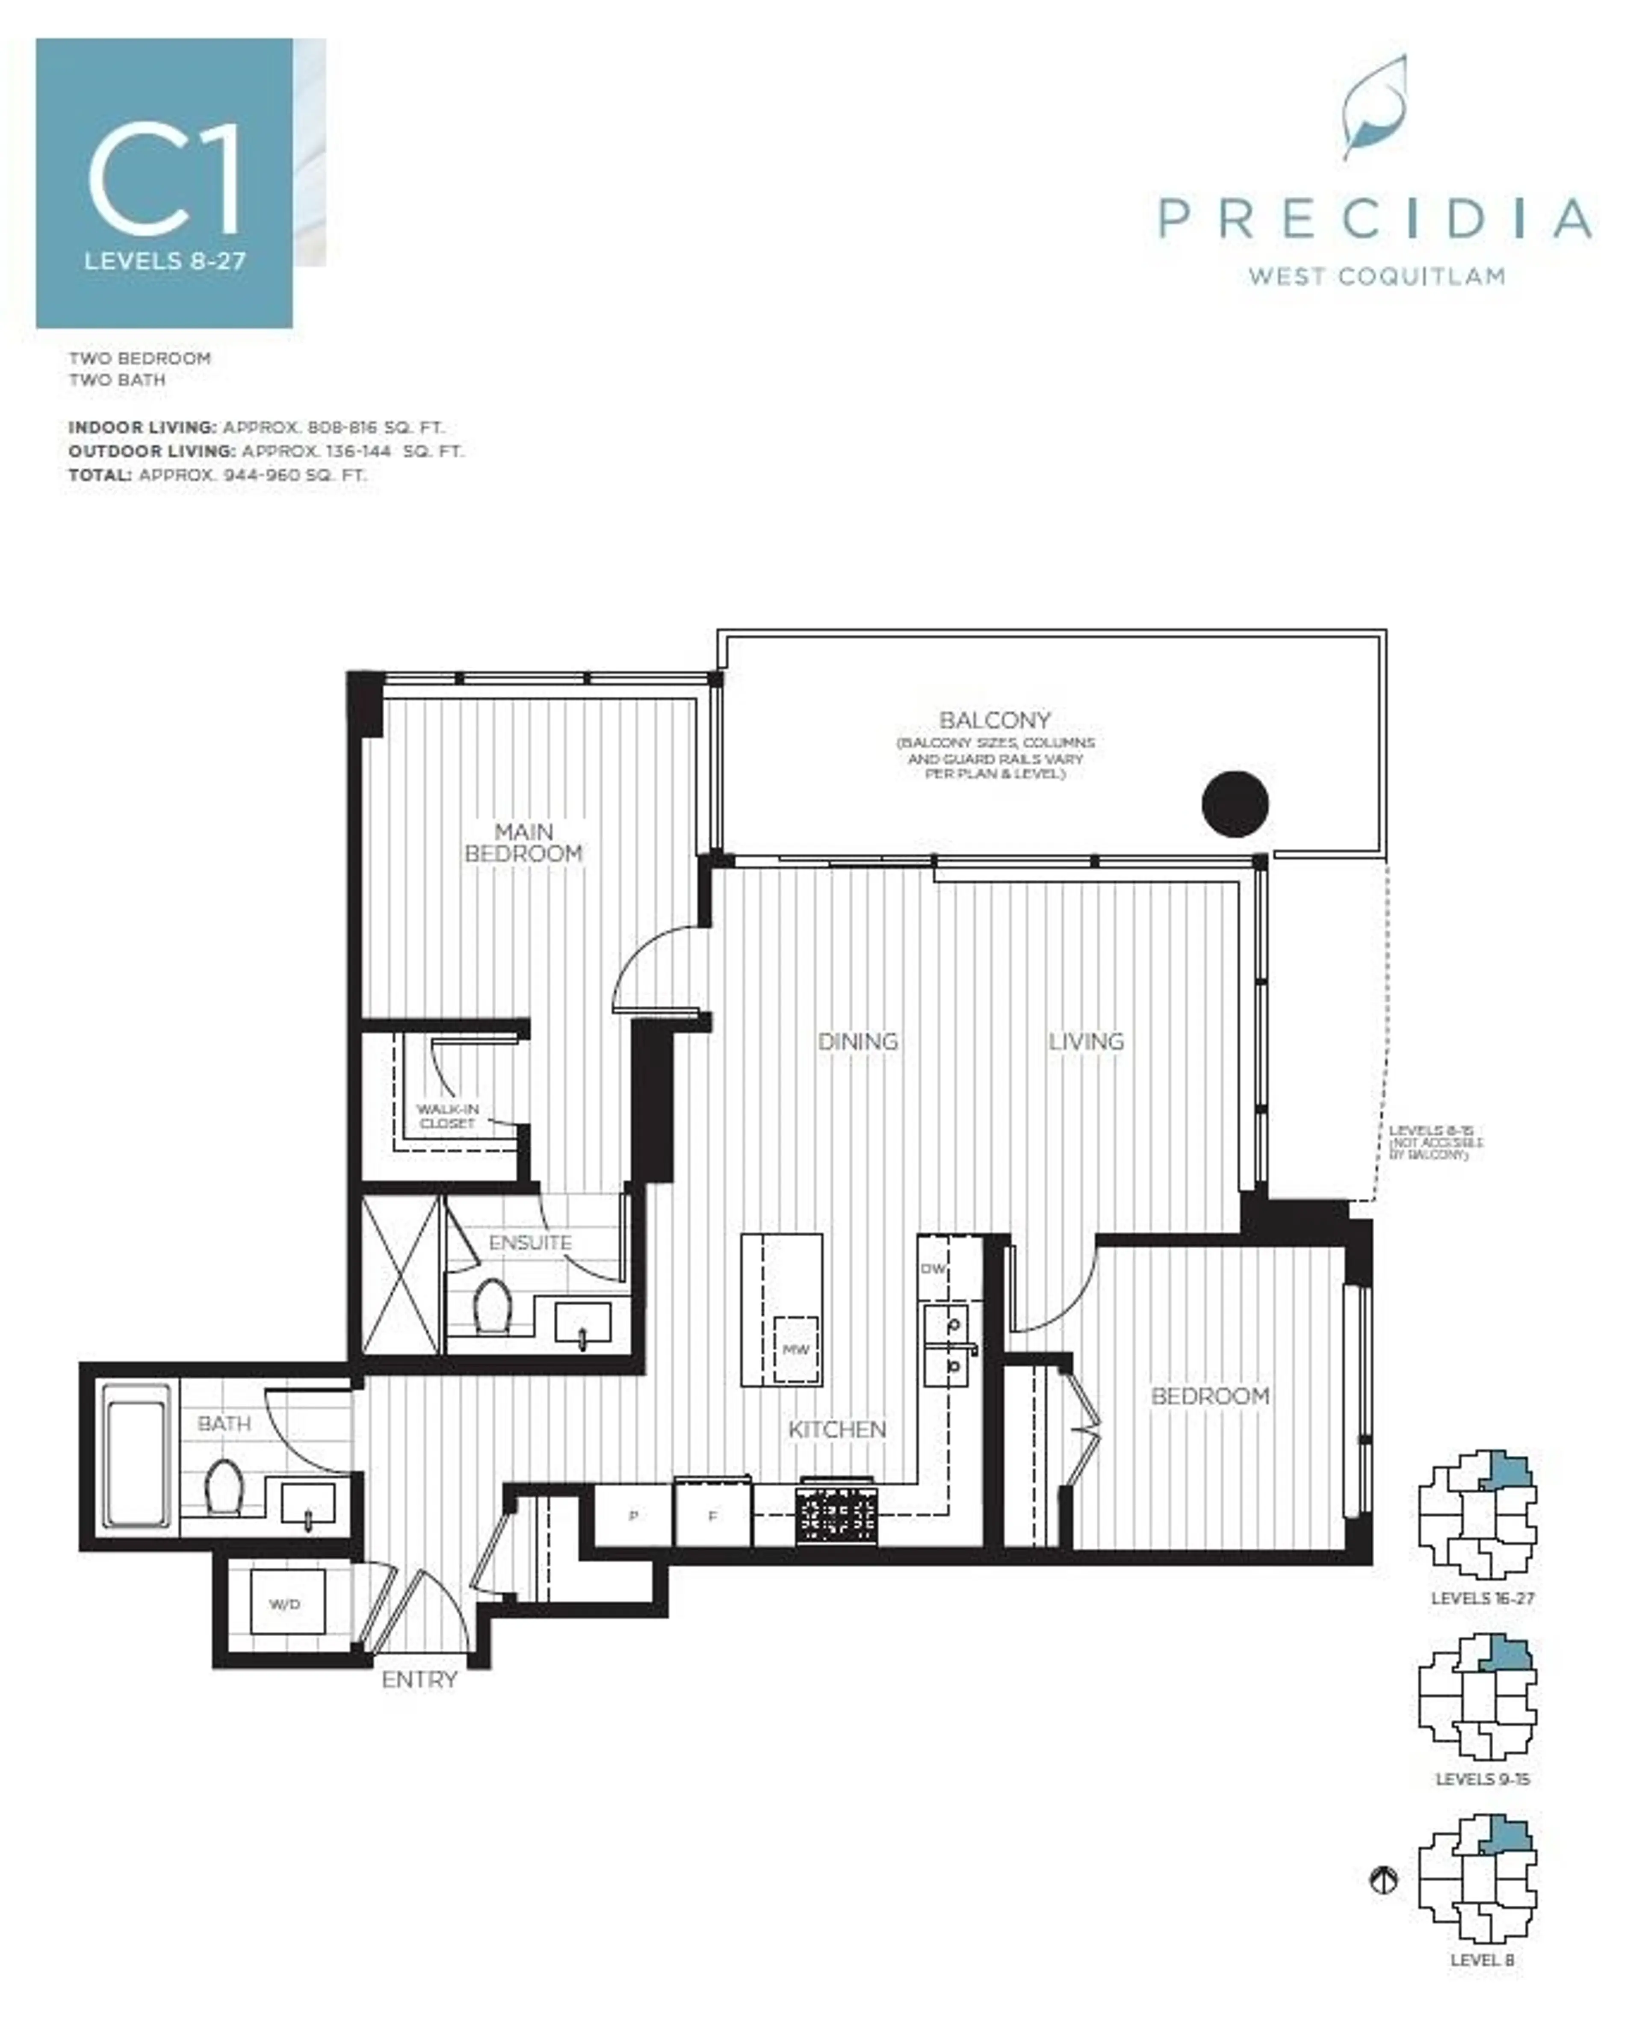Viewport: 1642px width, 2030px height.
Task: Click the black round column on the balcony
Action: [1234, 804]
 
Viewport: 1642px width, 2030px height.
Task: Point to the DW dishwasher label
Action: [933, 1268]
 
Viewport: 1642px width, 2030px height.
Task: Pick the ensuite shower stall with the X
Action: [401, 1275]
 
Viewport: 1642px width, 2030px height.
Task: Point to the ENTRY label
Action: [419, 1679]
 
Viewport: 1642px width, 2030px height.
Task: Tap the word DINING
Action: [857, 1041]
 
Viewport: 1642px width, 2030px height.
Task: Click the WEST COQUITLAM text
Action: [1376, 276]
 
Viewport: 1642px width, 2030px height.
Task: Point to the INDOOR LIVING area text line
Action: [255, 428]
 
